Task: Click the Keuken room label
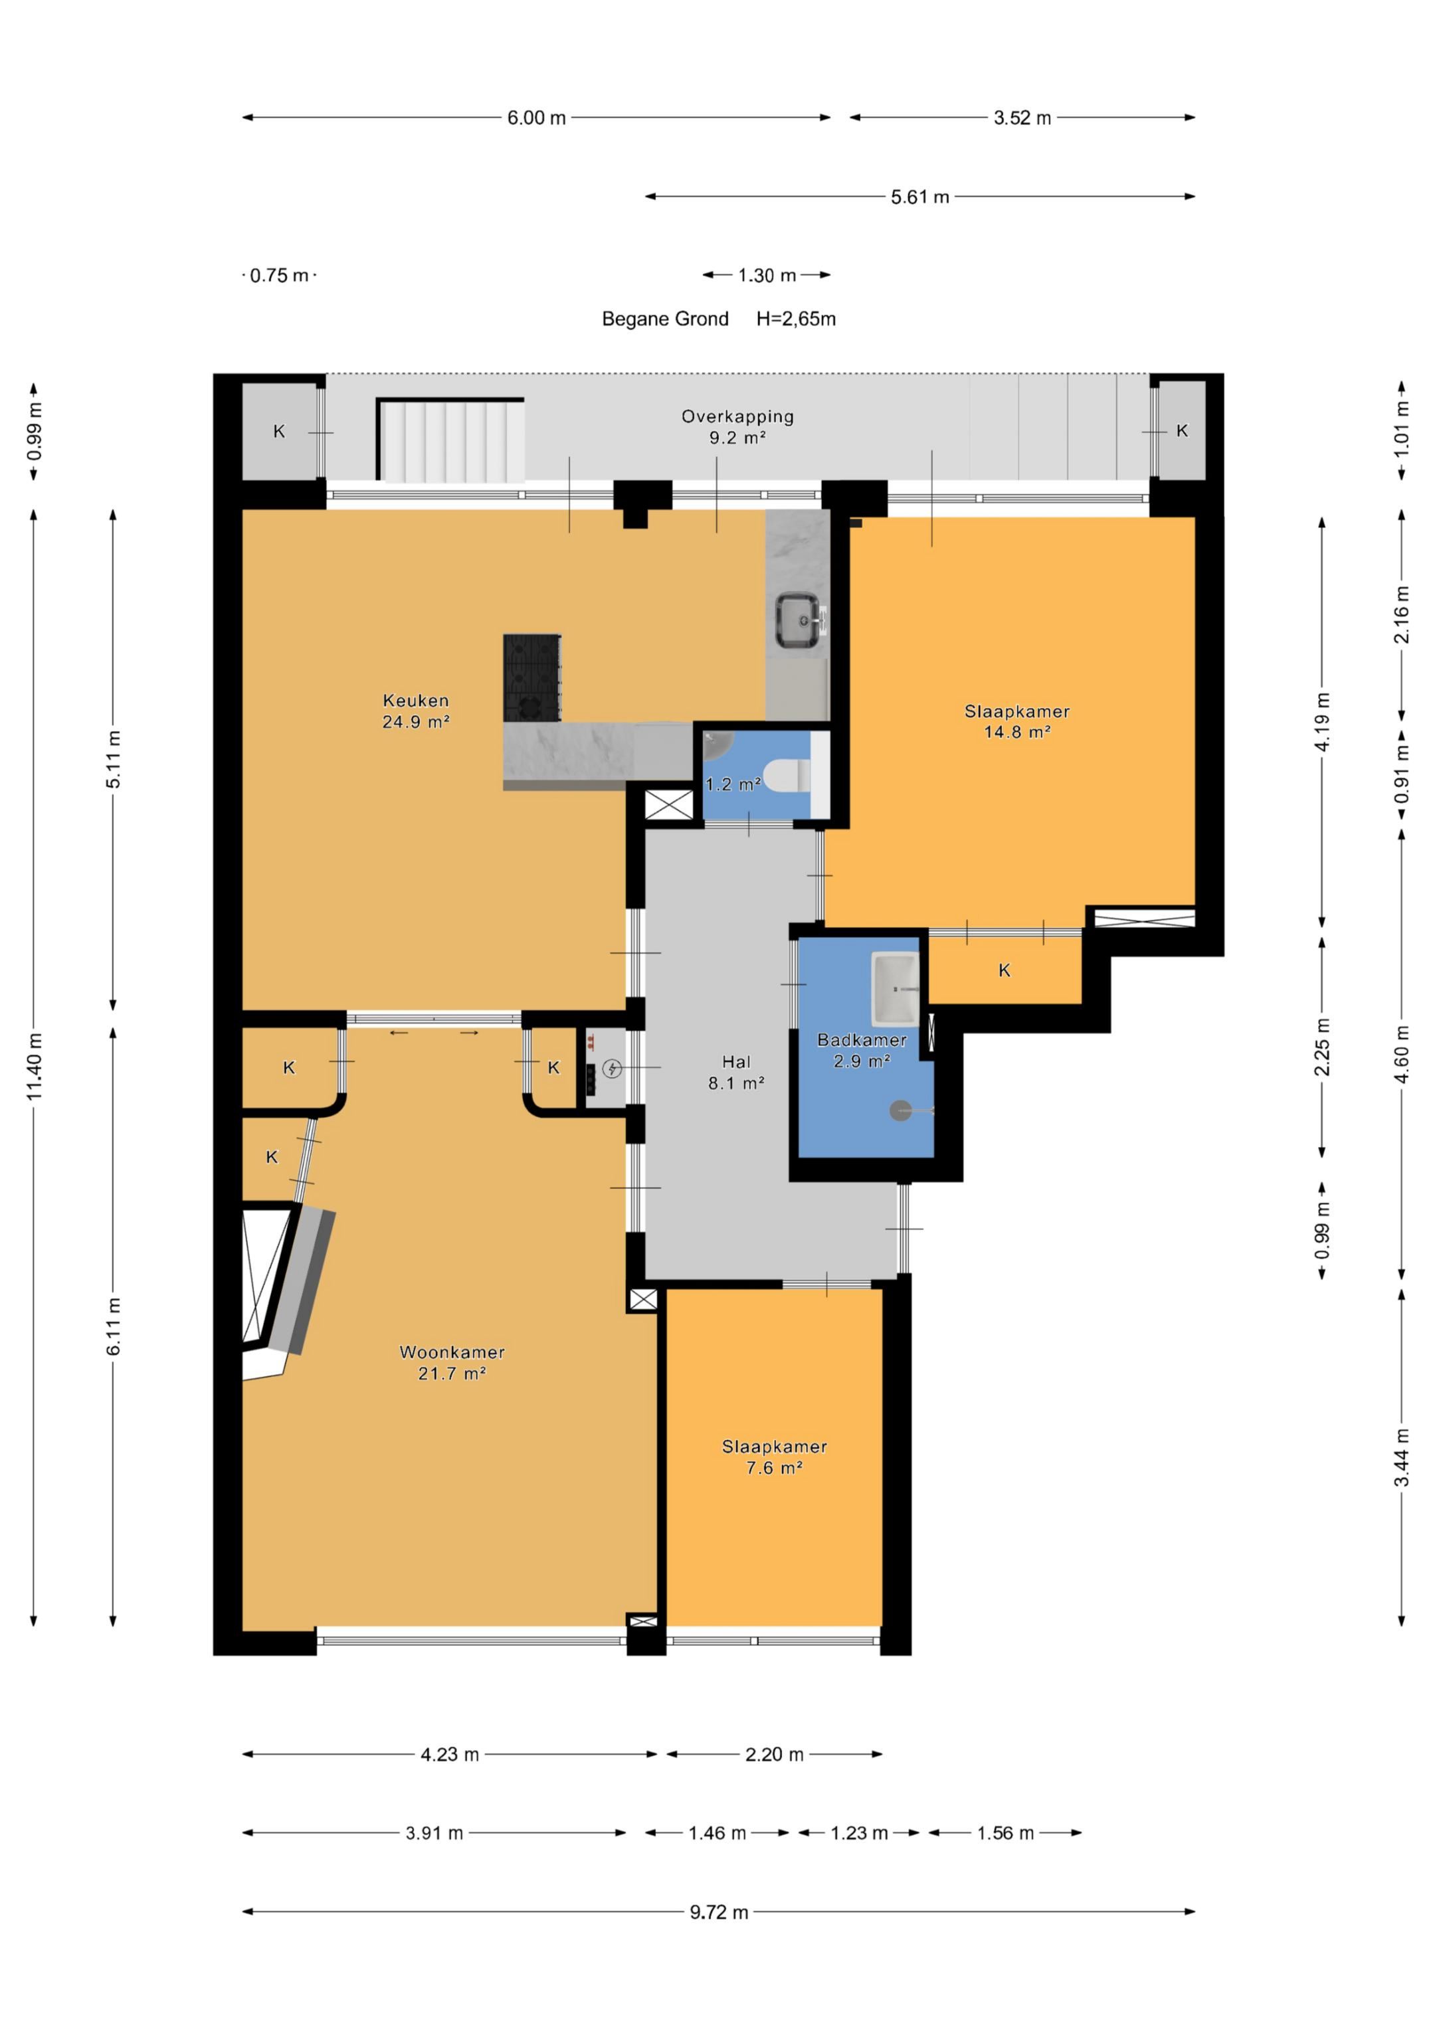click(x=416, y=711)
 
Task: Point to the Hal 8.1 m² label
click(x=735, y=1072)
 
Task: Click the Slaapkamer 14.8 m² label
click(x=1016, y=721)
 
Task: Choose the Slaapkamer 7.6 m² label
click(x=775, y=1456)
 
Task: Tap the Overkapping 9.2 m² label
click(x=737, y=426)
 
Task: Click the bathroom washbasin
click(x=895, y=989)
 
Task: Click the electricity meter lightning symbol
click(x=611, y=1069)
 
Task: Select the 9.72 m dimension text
click(x=719, y=1912)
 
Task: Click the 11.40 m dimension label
click(x=35, y=1066)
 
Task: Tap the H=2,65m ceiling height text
click(x=796, y=319)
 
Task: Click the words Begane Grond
click(x=665, y=319)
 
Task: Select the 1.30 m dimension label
click(x=767, y=276)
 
